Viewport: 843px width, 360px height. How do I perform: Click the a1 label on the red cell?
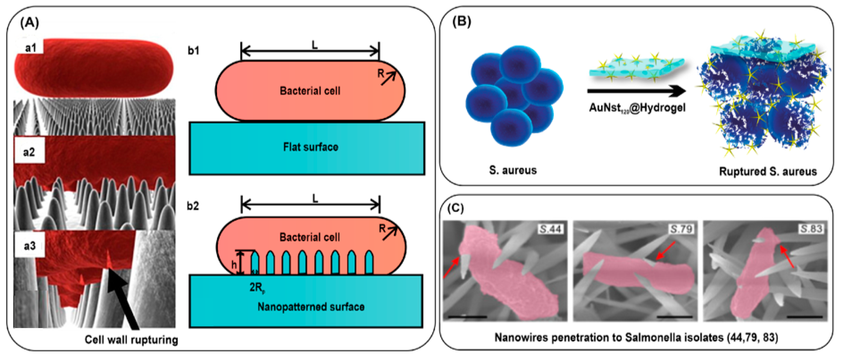coord(30,48)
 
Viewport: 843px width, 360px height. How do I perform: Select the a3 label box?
coord(29,246)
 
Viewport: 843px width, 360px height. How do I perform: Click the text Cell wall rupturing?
coord(131,340)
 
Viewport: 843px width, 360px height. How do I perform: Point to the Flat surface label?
coord(311,147)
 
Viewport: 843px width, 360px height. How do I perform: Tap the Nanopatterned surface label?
coord(311,307)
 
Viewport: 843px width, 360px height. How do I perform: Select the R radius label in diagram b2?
coord(382,228)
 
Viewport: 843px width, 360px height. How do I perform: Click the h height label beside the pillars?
coord(234,265)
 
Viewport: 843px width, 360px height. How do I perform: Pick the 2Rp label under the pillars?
coord(257,287)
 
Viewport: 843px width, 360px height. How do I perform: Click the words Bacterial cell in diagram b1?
coord(310,91)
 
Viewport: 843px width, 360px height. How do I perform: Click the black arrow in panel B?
coord(636,91)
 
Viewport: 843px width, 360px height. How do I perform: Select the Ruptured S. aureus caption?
coord(768,171)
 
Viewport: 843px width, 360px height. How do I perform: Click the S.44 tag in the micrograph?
coord(551,229)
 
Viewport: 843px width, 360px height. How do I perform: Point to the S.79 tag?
coord(681,229)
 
